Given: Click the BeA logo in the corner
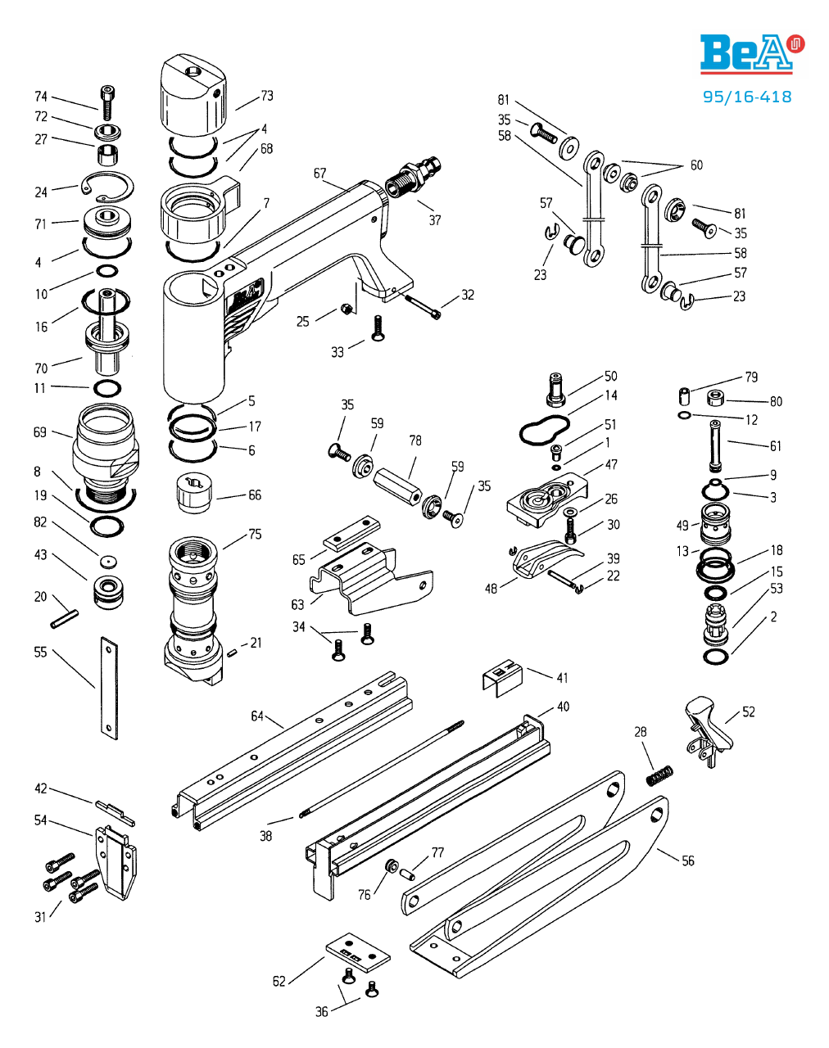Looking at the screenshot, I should coord(751,54).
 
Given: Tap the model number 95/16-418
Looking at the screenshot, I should coord(747,97).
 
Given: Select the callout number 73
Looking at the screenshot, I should coord(267,96).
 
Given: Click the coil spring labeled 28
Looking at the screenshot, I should coord(659,773).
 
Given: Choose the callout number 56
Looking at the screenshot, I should coord(688,861).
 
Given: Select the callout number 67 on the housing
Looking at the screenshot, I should coord(319,174).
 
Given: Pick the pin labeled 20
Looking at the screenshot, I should coord(63,618).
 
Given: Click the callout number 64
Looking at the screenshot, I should coord(257,716).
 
